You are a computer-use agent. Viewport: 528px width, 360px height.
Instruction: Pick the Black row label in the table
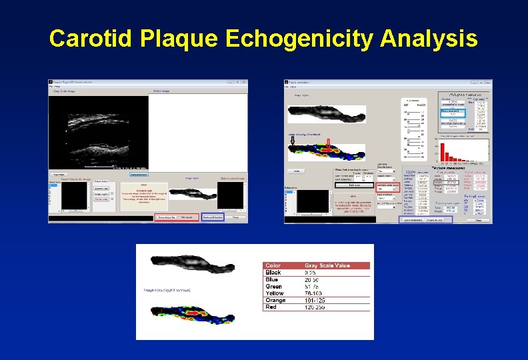pyautogui.click(x=273, y=272)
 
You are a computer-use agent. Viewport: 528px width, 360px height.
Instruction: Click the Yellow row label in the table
pyautogui.click(x=274, y=293)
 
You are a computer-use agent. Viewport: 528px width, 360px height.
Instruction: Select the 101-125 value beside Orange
pyautogui.click(x=315, y=300)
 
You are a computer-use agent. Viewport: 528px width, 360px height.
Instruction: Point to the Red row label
pyautogui.click(x=271, y=307)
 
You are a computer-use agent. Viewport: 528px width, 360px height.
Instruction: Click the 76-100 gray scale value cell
pyautogui.click(x=314, y=293)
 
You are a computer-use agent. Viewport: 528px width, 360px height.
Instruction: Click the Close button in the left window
pyautogui.click(x=235, y=217)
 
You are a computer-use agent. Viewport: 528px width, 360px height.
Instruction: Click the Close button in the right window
pyautogui.click(x=478, y=219)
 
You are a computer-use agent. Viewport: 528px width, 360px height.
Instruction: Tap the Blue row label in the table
pyautogui.click(x=273, y=279)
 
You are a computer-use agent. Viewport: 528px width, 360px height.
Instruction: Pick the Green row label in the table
pyautogui.click(x=273, y=286)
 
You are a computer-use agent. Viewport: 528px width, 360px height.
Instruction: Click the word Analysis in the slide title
pyautogui.click(x=429, y=39)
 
